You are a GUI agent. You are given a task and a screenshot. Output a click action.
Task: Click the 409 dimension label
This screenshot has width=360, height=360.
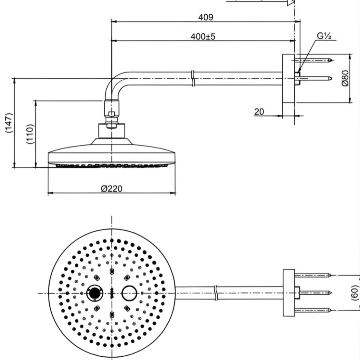[206, 17]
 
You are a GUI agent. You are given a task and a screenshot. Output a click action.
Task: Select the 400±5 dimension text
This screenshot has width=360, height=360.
[203, 36]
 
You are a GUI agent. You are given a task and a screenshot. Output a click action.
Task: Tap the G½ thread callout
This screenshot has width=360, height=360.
[324, 36]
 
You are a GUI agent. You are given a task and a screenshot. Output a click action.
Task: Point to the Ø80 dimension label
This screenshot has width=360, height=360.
[346, 78]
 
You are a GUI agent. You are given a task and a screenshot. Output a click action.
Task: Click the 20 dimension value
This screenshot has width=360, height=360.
[259, 111]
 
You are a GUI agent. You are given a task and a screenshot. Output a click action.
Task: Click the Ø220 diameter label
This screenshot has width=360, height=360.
[112, 188]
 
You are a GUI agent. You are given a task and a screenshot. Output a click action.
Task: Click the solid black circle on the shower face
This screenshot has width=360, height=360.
[94, 293]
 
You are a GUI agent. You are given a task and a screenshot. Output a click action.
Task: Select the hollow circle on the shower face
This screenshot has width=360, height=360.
[129, 293]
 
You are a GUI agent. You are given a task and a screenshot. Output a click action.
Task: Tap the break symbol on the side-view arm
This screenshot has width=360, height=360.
[193, 78]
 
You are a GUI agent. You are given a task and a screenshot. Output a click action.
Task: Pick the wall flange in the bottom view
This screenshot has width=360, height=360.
[288, 293]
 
